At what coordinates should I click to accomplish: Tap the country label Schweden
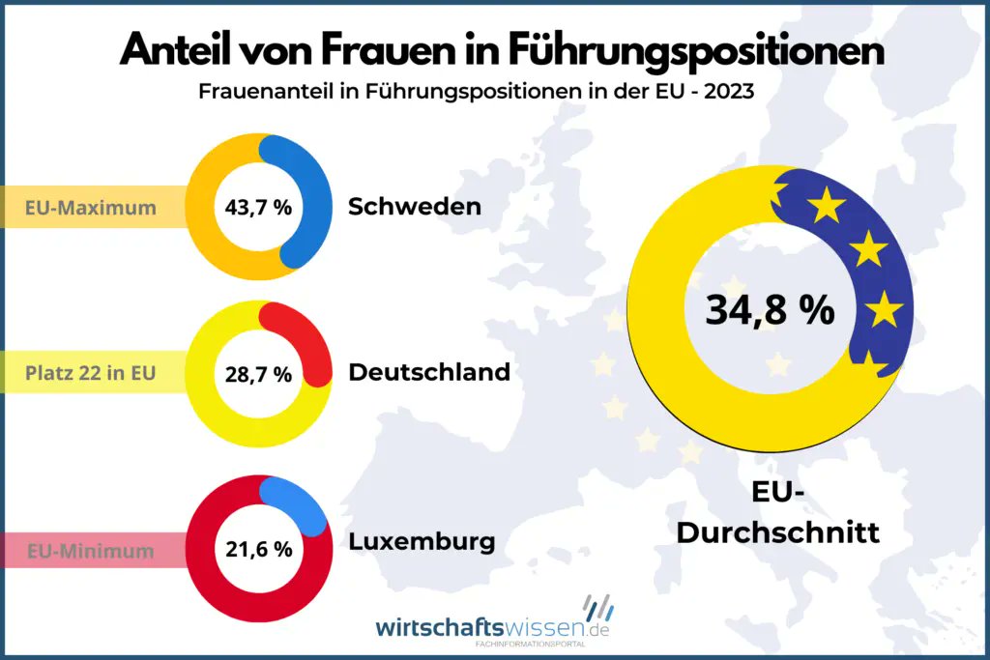414,207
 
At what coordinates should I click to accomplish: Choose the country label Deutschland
428,372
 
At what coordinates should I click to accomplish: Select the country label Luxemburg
421,541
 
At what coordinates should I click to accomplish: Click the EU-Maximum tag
91,207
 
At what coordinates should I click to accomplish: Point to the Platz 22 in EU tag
91,372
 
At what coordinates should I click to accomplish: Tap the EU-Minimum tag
91,552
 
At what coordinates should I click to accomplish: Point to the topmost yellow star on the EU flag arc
828,206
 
